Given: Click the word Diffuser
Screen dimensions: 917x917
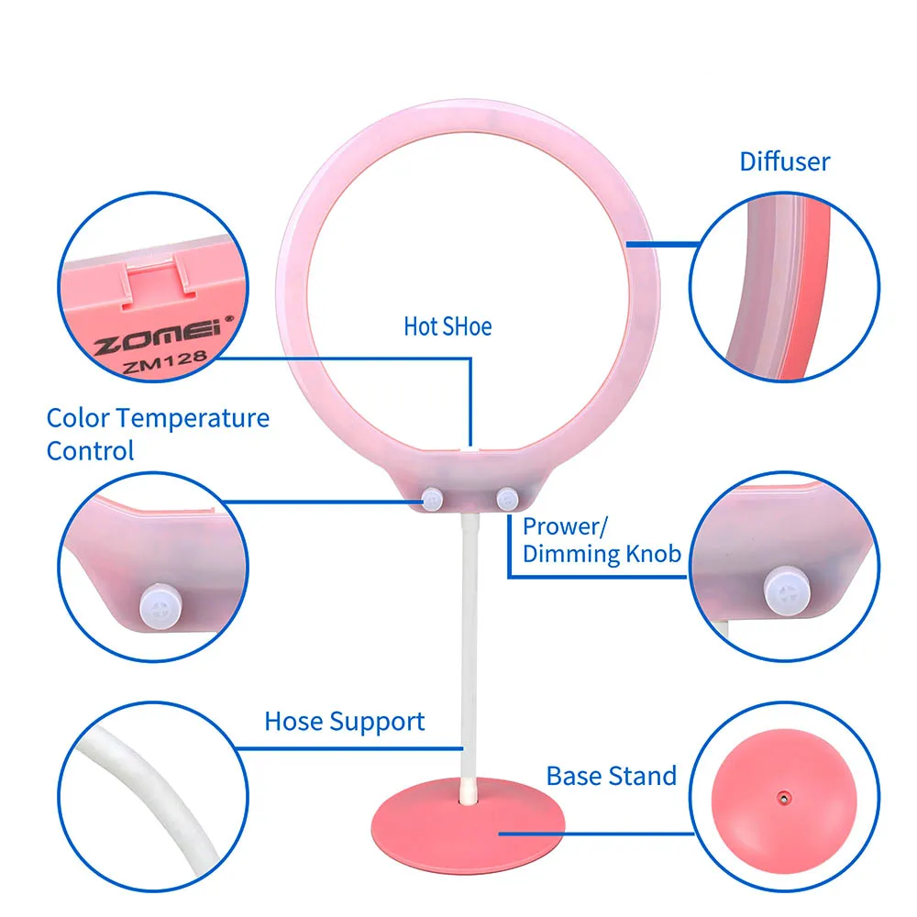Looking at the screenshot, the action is [x=784, y=161].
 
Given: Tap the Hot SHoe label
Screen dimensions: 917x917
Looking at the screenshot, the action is [x=447, y=326].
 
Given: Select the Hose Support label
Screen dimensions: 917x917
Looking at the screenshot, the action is [x=345, y=722].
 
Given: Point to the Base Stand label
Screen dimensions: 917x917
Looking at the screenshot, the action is [x=611, y=776].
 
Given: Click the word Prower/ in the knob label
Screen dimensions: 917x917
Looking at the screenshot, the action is [x=565, y=526].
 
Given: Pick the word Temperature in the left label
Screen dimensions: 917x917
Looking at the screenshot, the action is [x=193, y=418].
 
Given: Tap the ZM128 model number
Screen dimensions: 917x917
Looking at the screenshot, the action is [x=165, y=362].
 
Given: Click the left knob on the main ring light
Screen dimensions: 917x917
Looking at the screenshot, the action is [x=432, y=500].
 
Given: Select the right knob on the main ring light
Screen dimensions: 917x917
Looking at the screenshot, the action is [x=507, y=499].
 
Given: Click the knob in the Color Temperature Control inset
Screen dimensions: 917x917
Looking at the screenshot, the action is [x=160, y=606].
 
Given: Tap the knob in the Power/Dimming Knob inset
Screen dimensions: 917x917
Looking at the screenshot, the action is [x=787, y=591].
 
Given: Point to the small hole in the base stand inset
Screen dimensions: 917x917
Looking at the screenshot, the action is [x=784, y=798].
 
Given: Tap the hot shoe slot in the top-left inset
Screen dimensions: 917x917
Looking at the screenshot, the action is [x=158, y=280].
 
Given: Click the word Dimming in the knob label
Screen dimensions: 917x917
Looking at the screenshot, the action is [x=572, y=554].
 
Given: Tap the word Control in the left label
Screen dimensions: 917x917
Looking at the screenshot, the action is [x=90, y=451].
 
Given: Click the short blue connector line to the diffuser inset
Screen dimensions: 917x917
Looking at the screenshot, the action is [x=663, y=244].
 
